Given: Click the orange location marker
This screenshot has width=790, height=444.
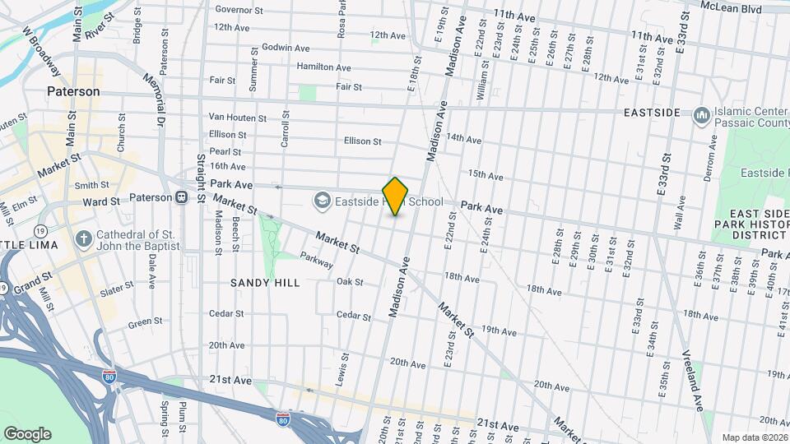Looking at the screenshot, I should pyautogui.click(x=396, y=196).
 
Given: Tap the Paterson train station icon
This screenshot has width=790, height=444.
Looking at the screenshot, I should pyautogui.click(x=180, y=198).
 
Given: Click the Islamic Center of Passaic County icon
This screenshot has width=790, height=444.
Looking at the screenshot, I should pyautogui.click(x=701, y=115).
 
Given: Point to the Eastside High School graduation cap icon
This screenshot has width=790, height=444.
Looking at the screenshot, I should pyautogui.click(x=322, y=200).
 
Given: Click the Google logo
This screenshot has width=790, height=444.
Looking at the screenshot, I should pyautogui.click(x=27, y=434).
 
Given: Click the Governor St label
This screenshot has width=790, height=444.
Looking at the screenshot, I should pyautogui.click(x=238, y=10).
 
